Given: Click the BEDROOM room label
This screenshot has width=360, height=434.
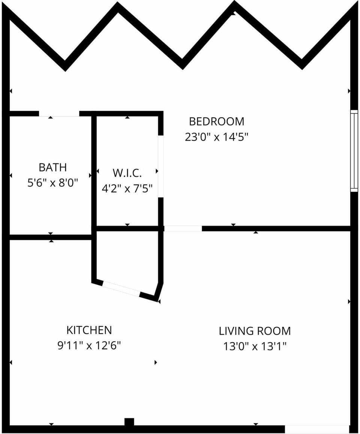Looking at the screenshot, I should (x=216, y=121).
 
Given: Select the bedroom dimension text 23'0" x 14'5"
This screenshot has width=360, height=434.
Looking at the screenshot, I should (x=217, y=137).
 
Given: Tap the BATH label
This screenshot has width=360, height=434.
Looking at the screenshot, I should (x=52, y=167).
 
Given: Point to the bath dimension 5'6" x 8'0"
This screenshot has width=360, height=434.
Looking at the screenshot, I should (x=52, y=183).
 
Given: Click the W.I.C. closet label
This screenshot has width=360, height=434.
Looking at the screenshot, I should (x=127, y=173).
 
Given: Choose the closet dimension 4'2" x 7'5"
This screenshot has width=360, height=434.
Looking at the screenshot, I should (x=127, y=188).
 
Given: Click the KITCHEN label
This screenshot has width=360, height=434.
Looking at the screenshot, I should (x=89, y=330).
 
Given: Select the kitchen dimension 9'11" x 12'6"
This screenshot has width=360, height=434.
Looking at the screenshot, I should (x=89, y=345).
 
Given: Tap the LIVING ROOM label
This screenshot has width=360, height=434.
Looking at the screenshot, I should (x=255, y=331).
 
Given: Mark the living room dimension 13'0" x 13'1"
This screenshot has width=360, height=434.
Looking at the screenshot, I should (x=255, y=346).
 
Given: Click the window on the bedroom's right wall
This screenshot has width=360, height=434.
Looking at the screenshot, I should (x=354, y=151).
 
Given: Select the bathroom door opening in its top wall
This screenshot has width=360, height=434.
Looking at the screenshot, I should (x=59, y=114).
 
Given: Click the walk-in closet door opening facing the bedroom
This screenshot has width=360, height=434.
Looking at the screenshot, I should (x=160, y=166).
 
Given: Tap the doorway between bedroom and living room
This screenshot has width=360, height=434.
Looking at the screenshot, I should (x=183, y=228).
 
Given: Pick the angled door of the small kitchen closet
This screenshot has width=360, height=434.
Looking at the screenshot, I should (x=121, y=289).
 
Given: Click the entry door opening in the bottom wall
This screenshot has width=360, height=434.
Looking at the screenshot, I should (x=317, y=429).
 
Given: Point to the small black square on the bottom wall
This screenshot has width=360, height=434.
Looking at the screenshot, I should (x=129, y=422).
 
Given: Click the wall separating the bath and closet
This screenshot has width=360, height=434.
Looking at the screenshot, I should (x=94, y=172).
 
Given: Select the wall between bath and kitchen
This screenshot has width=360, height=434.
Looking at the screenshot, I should (x=50, y=237).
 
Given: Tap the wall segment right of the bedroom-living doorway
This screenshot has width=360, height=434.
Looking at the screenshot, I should (x=276, y=228).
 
